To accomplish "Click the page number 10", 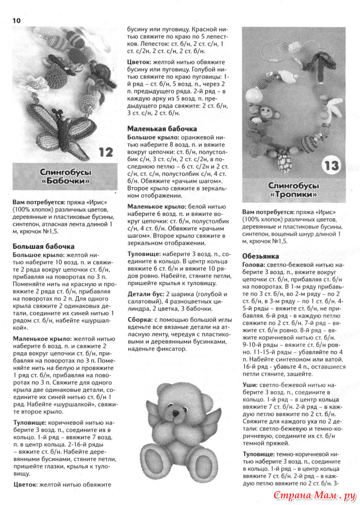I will click(x=17, y=21).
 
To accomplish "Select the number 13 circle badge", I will click(x=331, y=165).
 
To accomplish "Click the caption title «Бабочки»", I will click(x=66, y=181).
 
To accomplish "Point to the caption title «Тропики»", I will click(x=294, y=195).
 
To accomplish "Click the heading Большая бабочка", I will click(x=44, y=246).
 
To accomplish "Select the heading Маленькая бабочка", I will click(x=162, y=128).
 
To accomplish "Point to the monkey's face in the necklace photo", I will click(x=265, y=113).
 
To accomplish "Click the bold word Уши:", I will click(x=250, y=384).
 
